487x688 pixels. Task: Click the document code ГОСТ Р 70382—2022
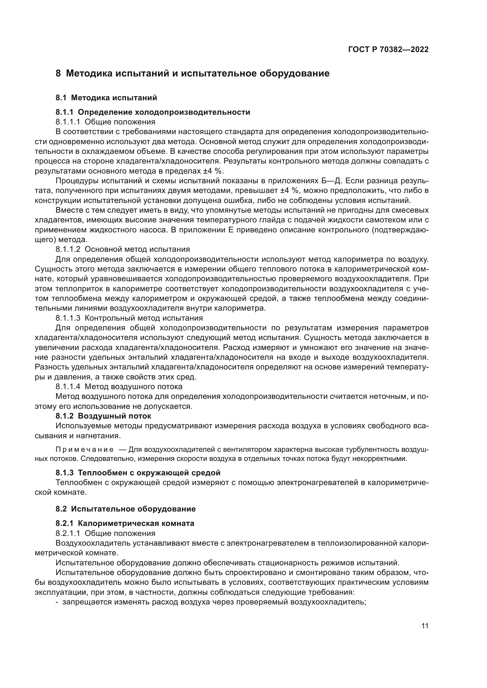[x=388, y=50]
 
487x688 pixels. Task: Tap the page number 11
[x=425, y=626]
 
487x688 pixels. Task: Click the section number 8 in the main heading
[x=58, y=74]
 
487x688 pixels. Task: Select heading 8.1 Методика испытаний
[x=106, y=98]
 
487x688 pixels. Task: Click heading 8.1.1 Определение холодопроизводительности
[x=153, y=112]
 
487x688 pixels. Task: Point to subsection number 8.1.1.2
[x=68, y=249]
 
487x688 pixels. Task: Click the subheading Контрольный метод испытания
[x=144, y=318]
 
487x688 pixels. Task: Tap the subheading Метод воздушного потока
[x=133, y=387]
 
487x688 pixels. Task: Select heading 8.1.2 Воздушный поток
[x=103, y=416]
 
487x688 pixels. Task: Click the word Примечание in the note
[x=85, y=449]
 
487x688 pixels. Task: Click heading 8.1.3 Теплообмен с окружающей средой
[x=138, y=473]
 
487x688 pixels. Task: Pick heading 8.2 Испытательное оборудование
[x=125, y=509]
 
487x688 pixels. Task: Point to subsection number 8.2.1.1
[x=68, y=533]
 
